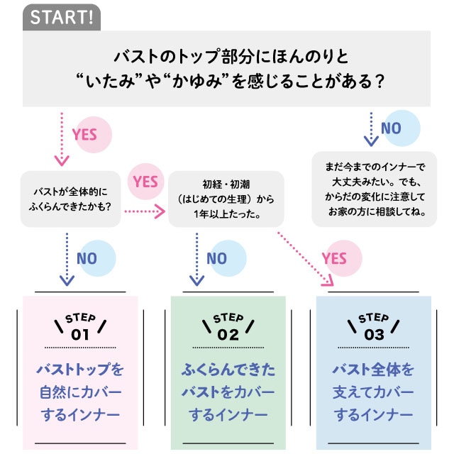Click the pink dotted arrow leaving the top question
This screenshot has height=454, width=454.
[62, 138]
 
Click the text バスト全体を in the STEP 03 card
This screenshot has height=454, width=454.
[373, 370]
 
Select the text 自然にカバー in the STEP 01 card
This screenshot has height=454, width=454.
[80, 392]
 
